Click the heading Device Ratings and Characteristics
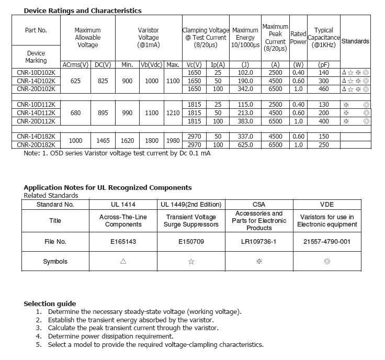point(83,10)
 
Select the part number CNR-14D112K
point(36,113)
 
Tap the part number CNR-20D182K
point(36,144)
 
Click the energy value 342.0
point(245,89)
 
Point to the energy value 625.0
point(245,144)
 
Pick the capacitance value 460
point(324,89)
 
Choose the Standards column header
point(355,41)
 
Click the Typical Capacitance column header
point(324,38)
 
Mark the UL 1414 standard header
point(123,205)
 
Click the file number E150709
point(191,242)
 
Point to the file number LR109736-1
point(259,242)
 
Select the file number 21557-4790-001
point(327,242)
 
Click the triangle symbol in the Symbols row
point(123,262)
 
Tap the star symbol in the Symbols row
point(191,262)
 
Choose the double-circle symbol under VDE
point(327,262)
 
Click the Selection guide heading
point(50,303)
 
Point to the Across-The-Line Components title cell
point(123,221)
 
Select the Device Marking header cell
point(36,57)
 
